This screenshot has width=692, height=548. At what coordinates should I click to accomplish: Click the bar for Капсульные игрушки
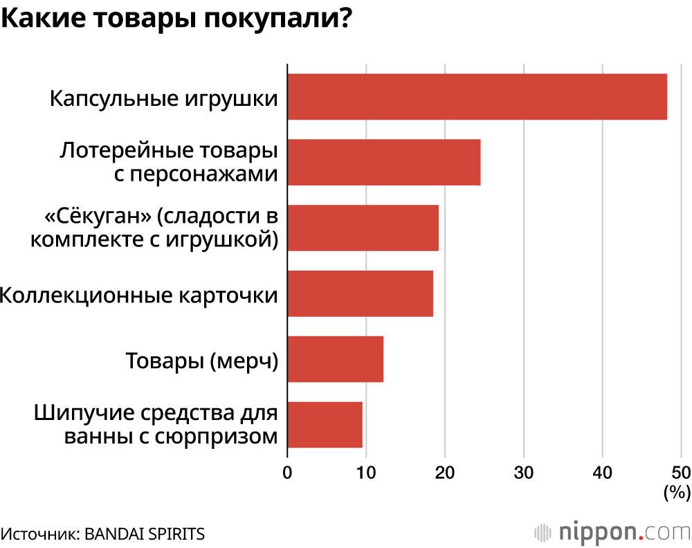[477, 97]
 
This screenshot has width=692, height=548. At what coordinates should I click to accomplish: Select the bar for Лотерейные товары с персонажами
[383, 162]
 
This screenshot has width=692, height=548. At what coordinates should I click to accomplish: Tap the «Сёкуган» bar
[363, 228]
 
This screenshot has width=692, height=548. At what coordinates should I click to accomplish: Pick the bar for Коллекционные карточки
[360, 293]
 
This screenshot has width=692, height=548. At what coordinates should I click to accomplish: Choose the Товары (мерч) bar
[335, 358]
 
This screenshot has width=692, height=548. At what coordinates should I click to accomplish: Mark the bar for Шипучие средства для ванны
[325, 424]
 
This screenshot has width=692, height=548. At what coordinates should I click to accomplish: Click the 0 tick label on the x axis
[287, 473]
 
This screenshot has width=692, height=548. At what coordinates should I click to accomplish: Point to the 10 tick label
[366, 473]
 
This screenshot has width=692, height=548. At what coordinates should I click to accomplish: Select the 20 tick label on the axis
[445, 473]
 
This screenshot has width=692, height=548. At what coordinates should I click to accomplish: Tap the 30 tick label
[524, 473]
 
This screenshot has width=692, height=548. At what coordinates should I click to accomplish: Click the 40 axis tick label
[603, 473]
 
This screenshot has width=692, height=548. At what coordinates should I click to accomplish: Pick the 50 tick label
[681, 473]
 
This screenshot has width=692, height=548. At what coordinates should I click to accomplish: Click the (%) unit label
[677, 493]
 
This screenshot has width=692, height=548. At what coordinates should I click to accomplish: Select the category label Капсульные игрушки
[164, 98]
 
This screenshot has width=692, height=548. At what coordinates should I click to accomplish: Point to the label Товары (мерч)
[201, 360]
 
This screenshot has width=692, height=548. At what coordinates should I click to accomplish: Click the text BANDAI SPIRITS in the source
[145, 533]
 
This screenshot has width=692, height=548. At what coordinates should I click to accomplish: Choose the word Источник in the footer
[40, 533]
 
